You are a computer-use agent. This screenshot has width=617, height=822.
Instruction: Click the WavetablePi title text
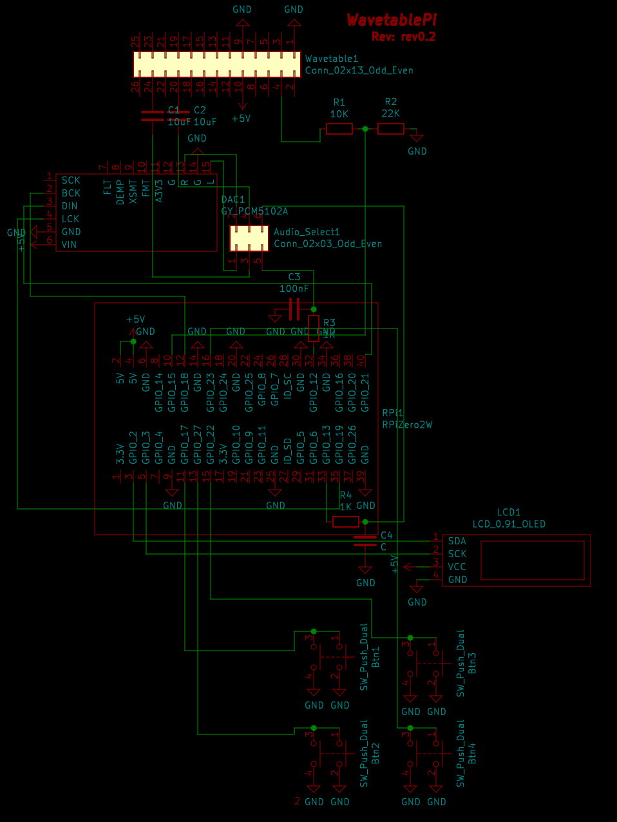coord(392,20)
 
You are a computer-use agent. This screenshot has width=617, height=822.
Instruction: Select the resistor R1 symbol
coord(339,129)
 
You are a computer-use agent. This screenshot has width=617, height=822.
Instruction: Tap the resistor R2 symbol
coord(390,129)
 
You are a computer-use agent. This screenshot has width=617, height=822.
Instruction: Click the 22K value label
coord(390,113)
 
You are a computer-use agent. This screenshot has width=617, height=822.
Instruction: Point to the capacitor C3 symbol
coord(294,309)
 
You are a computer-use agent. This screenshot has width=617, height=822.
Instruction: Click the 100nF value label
coord(294,289)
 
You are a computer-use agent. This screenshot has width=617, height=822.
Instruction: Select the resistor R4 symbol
coord(346,522)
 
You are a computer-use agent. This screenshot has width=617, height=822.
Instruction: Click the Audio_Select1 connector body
coord(249,238)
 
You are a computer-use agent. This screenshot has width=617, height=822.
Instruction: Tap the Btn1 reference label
coord(376,657)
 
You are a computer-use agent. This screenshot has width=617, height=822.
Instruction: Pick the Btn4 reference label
coord(472,753)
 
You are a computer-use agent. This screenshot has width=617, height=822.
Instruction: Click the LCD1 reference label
coord(508,512)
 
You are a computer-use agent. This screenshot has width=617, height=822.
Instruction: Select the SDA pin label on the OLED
coord(457,541)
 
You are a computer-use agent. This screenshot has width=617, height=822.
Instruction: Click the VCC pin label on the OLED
coord(457,567)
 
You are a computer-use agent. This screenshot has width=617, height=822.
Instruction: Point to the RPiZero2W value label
coord(407,425)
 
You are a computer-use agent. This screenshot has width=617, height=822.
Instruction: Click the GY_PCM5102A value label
coord(254,211)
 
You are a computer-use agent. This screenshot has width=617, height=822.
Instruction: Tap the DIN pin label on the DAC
coord(70,206)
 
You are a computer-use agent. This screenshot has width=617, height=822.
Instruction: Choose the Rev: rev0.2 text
coord(403,37)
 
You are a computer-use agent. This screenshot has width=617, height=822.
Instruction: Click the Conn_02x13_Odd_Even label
coord(359,70)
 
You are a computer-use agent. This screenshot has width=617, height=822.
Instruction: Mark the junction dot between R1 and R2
coord(365,129)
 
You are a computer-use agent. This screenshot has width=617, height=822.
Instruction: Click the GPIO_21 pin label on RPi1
coord(365,392)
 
